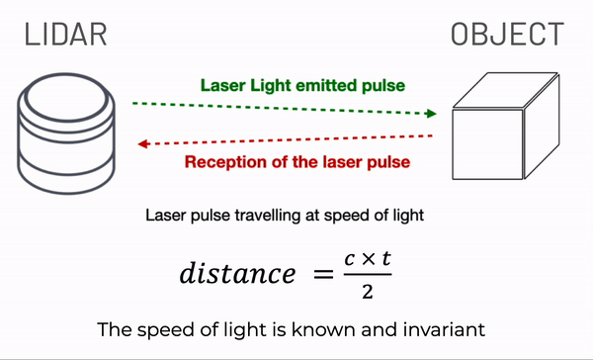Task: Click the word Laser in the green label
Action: pos(221,85)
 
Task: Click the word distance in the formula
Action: pos(236,273)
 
